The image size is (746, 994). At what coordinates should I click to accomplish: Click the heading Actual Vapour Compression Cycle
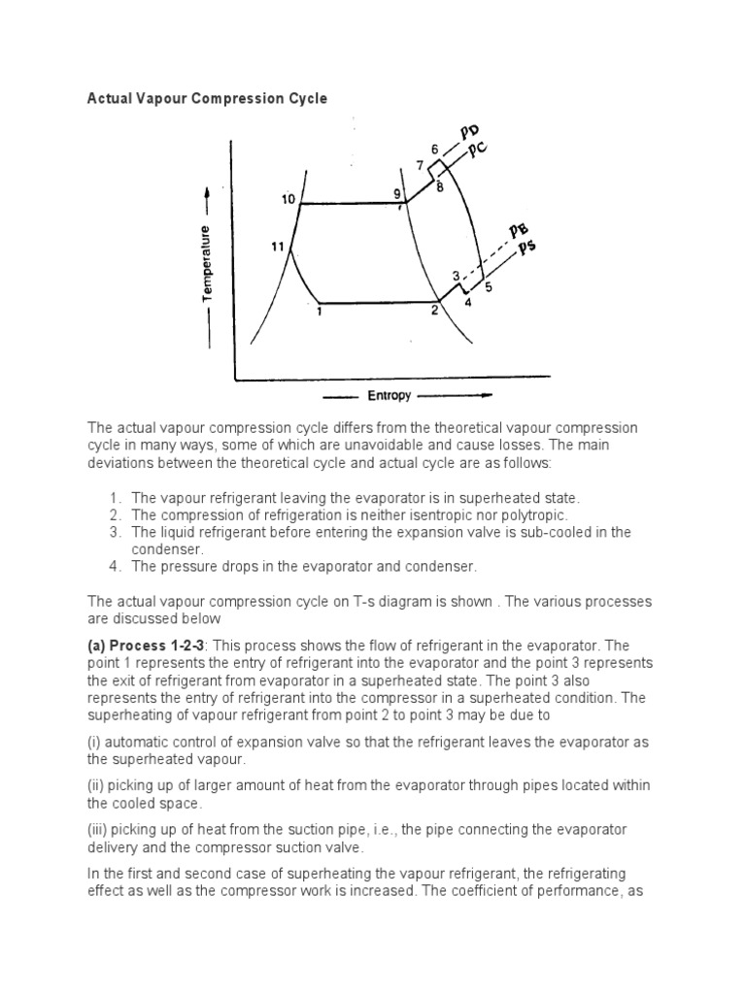point(208,98)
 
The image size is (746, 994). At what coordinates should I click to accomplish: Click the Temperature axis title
point(206,263)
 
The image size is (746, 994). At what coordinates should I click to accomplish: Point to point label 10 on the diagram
point(288,199)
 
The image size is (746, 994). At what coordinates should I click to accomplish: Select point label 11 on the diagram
point(277,247)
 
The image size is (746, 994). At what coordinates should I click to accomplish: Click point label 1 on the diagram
point(319,313)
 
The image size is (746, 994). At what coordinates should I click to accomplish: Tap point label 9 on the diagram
point(396,194)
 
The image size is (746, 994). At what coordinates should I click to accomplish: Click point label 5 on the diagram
point(489,287)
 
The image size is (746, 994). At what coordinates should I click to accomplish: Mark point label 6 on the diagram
point(434,149)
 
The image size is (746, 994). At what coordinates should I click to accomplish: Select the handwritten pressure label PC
point(476,152)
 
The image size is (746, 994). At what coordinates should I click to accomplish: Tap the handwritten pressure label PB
point(519,230)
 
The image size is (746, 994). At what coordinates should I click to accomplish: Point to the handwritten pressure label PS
point(526,248)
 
